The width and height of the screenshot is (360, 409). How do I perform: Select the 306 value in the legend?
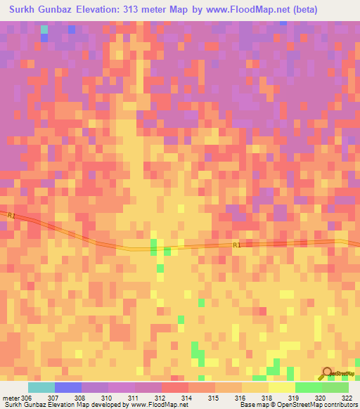pos(27,398)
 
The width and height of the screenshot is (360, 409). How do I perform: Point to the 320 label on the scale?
pos(321,398)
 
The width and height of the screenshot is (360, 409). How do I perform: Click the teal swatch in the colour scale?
pos(41,387)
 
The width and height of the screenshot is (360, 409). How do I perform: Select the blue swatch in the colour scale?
pos(68,387)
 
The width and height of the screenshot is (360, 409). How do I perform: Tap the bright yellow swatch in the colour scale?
pos(281,387)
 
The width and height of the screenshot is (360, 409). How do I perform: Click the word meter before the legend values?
pos(11,398)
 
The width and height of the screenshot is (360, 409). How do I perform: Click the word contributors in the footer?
pos(340,405)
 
